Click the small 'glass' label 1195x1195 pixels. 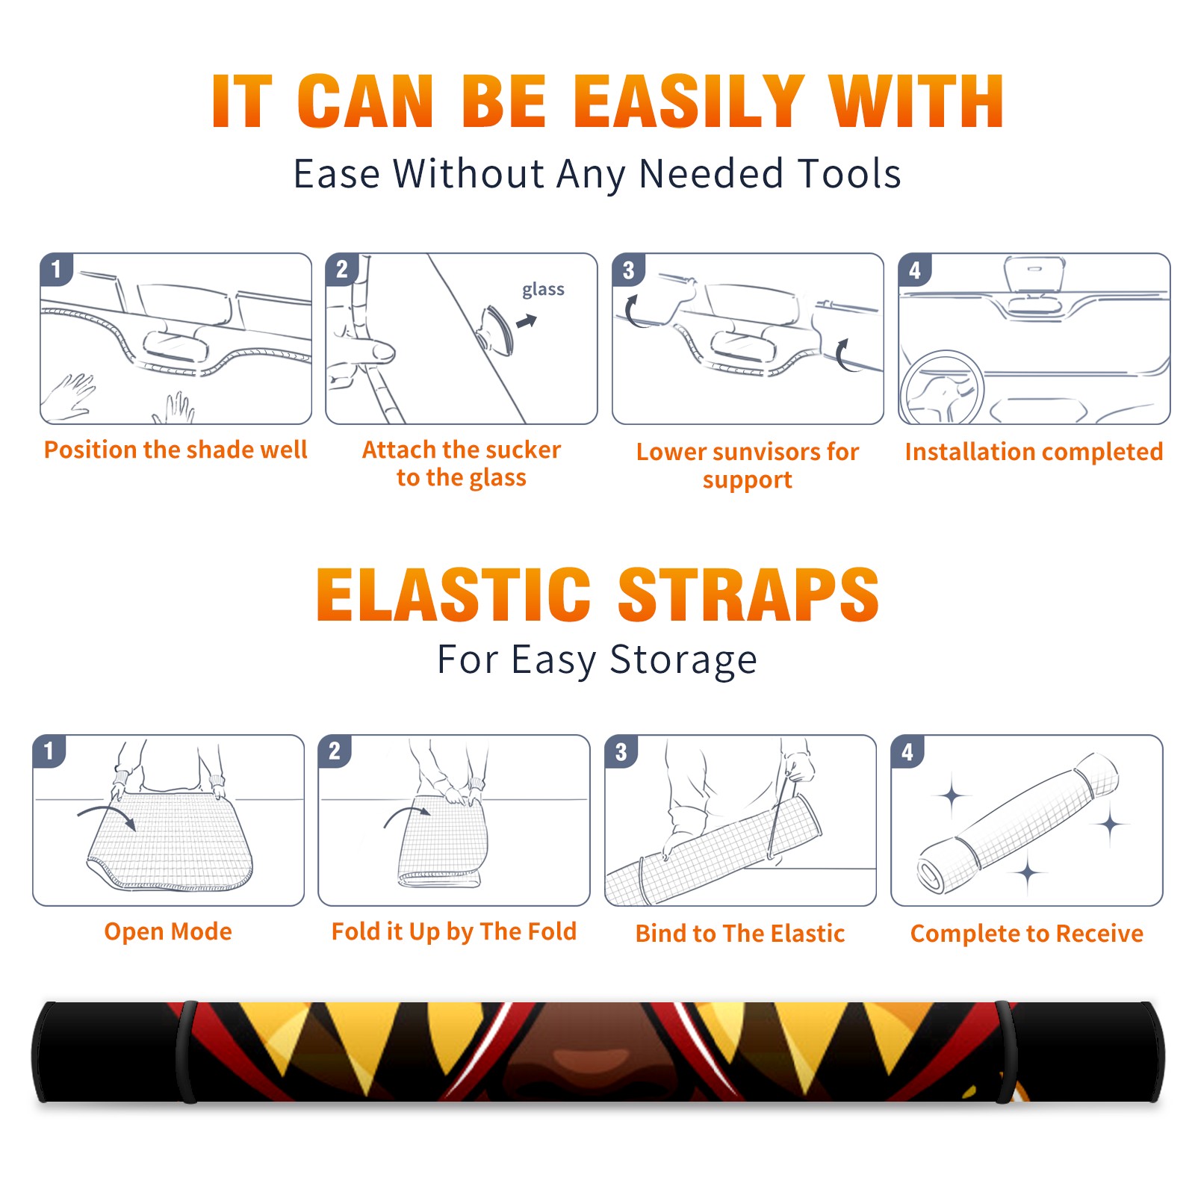[x=543, y=290]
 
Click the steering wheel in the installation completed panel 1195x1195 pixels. [x=942, y=388]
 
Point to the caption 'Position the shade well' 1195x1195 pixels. [x=176, y=450]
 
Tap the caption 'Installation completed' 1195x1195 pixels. [x=1034, y=452]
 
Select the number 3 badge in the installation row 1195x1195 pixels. [x=628, y=270]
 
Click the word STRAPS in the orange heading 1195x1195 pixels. [x=748, y=595]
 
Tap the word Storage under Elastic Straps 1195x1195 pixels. [x=683, y=660]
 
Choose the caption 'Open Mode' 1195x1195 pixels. [x=168, y=931]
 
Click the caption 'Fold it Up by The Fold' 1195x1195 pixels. [x=454, y=932]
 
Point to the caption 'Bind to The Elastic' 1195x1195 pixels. [x=740, y=934]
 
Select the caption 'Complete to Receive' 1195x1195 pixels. [x=1027, y=934]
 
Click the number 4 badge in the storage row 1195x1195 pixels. [x=907, y=751]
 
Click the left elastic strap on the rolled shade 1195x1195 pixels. [x=186, y=1052]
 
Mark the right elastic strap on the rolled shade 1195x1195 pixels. [x=1005, y=1052]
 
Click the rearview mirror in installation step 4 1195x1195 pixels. [x=1034, y=274]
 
